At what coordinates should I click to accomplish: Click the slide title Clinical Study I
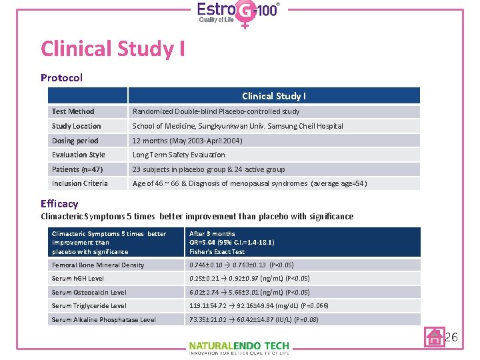pyautogui.click(x=113, y=49)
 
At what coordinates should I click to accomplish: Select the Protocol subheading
pyautogui.click(x=61, y=77)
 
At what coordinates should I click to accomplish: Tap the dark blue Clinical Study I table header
pyautogui.click(x=274, y=96)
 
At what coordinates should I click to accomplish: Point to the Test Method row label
pyautogui.click(x=73, y=111)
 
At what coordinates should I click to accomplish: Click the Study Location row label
pyautogui.click(x=77, y=126)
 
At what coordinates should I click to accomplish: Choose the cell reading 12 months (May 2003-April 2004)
pyautogui.click(x=187, y=141)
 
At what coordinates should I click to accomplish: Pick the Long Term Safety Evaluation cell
pyautogui.click(x=179, y=155)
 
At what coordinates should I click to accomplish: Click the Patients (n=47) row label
pyautogui.click(x=77, y=169)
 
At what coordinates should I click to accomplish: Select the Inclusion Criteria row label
pyautogui.click(x=80, y=183)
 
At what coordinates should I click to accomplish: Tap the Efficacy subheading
pyautogui.click(x=59, y=204)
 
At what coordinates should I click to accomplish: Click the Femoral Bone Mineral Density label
pyautogui.click(x=98, y=265)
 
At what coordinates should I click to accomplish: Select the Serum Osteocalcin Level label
pyautogui.click(x=89, y=292)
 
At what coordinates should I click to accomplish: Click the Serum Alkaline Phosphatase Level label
pyautogui.click(x=104, y=320)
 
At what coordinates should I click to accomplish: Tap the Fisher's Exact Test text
pyautogui.click(x=217, y=251)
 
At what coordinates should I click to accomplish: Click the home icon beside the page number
pyautogui.click(x=435, y=337)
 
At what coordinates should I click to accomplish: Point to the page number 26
pyautogui.click(x=451, y=337)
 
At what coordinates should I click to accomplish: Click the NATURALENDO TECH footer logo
pyautogui.click(x=239, y=347)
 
